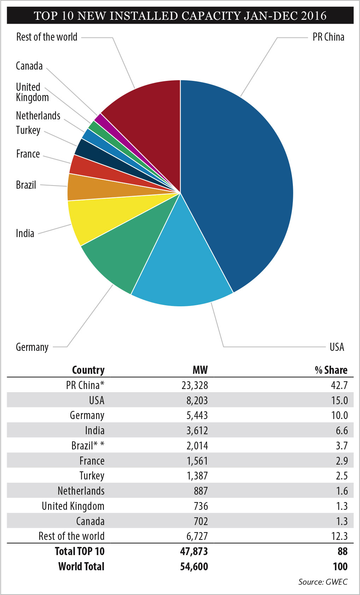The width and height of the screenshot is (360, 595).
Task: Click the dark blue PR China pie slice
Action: pos(240,177)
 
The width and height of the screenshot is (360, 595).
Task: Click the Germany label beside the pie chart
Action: pos(32,347)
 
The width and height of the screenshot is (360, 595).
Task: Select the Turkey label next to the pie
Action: pos(28,130)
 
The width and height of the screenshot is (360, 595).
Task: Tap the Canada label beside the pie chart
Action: pos(29,66)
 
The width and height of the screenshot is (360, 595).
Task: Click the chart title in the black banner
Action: pos(180,16)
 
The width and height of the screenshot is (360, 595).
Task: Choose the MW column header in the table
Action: pos(200,370)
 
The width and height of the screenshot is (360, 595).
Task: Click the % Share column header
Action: pos(331,370)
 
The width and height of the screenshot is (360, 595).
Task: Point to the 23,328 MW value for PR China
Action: pos(195,385)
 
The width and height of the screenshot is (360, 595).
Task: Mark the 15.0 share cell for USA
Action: pos(339,400)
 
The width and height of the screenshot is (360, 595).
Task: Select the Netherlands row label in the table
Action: pos(81,491)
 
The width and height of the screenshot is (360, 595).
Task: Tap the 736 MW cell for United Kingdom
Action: pos(201,506)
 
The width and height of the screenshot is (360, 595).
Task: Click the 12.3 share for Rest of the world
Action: pos(339,536)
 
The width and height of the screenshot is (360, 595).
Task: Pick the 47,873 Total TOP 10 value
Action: pos(194,551)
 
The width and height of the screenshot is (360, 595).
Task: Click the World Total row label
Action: pos(81,566)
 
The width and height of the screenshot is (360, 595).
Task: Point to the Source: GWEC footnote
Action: pos(323,582)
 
